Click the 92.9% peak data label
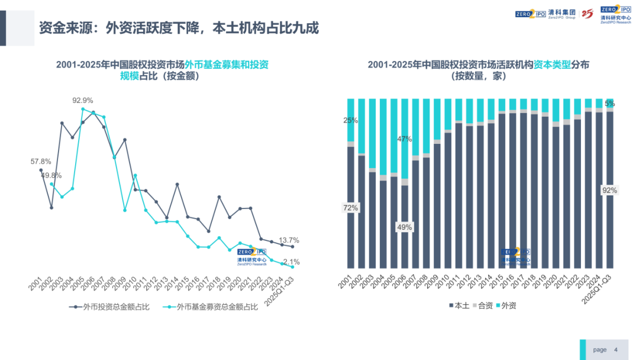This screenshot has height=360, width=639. (83, 100)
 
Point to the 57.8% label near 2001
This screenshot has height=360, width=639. (41, 161)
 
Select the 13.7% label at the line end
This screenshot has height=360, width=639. (289, 240)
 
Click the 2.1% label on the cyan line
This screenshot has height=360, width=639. (291, 262)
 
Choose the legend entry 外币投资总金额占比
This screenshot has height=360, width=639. (110, 307)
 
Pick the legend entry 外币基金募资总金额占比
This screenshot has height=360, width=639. (212, 307)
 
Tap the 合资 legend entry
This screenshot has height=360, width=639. (483, 306)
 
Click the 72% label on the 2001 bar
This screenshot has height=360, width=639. (351, 208)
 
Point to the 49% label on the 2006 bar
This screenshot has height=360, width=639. (405, 227)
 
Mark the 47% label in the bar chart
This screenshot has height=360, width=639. (405, 139)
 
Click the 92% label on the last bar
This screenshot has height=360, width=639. (609, 190)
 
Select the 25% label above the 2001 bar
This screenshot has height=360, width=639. (351, 120)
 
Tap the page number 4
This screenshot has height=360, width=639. (616, 350)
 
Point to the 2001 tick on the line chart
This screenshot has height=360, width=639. (35, 284)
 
